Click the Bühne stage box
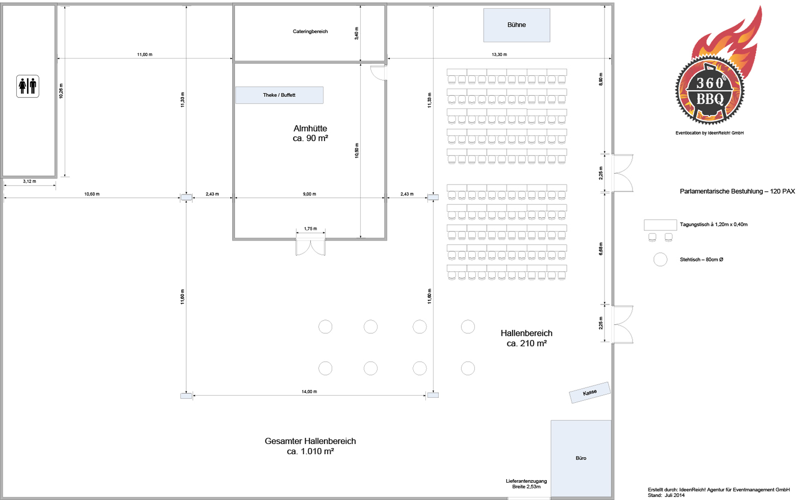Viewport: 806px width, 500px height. pos(516,25)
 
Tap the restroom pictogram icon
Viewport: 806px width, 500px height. pos(28,86)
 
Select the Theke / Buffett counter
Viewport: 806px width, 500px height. pos(279,95)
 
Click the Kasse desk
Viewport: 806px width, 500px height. pos(590,392)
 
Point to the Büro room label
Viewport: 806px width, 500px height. pos(581,458)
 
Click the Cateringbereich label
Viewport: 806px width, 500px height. pos(310,31)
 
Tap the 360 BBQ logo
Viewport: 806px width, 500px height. pos(714,69)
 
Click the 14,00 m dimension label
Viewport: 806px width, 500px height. pos(309,391)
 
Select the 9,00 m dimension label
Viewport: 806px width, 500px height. pos(310,194)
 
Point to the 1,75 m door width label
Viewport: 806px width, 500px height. pos(311,229)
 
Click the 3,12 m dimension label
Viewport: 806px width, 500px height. pos(30,181)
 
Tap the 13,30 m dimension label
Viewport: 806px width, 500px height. pos(499,55)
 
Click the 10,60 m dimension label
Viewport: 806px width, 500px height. pos(92,194)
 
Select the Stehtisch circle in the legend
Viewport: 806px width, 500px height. pos(660,259)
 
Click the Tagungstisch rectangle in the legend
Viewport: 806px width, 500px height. pos(660,225)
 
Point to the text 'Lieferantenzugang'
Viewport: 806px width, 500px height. pos(526,481)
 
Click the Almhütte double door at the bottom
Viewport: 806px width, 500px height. pos(311,247)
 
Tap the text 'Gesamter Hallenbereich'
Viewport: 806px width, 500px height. pos(310,441)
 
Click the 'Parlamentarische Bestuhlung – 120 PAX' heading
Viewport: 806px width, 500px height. pos(737,191)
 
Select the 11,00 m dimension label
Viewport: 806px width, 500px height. pos(145,55)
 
